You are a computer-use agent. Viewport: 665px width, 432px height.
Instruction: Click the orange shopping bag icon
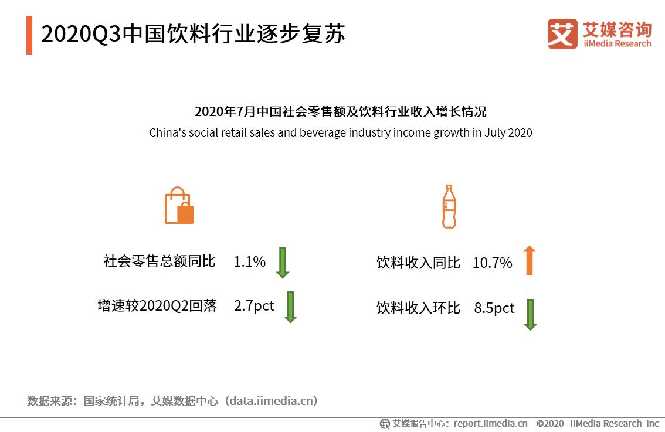point(179,206)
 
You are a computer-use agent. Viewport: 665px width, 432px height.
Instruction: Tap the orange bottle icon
point(449,206)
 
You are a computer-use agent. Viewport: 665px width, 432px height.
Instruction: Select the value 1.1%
point(249,261)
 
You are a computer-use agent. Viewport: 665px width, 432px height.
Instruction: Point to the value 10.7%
point(492,263)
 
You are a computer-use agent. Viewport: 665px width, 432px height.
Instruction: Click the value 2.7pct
point(254,305)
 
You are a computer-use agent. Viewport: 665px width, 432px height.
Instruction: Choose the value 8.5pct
point(494,308)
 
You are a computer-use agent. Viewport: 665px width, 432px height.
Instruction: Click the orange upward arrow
point(530,260)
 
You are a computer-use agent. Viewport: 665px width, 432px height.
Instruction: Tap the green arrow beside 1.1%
point(283,262)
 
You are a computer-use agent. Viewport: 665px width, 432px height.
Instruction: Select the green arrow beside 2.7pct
point(290,307)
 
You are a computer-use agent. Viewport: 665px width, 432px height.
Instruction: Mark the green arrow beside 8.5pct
point(530,315)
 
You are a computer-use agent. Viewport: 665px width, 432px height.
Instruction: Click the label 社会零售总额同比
point(160,261)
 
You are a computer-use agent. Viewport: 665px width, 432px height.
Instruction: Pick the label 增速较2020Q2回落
point(157,305)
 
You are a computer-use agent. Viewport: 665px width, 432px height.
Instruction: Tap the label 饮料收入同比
point(418,263)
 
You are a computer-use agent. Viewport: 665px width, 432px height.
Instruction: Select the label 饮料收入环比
point(418,308)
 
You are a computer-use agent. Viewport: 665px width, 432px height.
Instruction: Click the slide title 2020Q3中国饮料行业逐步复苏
point(193,34)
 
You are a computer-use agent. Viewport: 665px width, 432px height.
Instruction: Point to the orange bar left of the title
point(29,35)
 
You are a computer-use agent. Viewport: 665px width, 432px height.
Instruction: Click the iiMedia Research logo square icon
point(562,34)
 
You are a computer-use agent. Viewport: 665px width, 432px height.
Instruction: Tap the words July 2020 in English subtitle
point(508,132)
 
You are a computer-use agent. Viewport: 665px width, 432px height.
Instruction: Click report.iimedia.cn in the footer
point(490,423)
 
